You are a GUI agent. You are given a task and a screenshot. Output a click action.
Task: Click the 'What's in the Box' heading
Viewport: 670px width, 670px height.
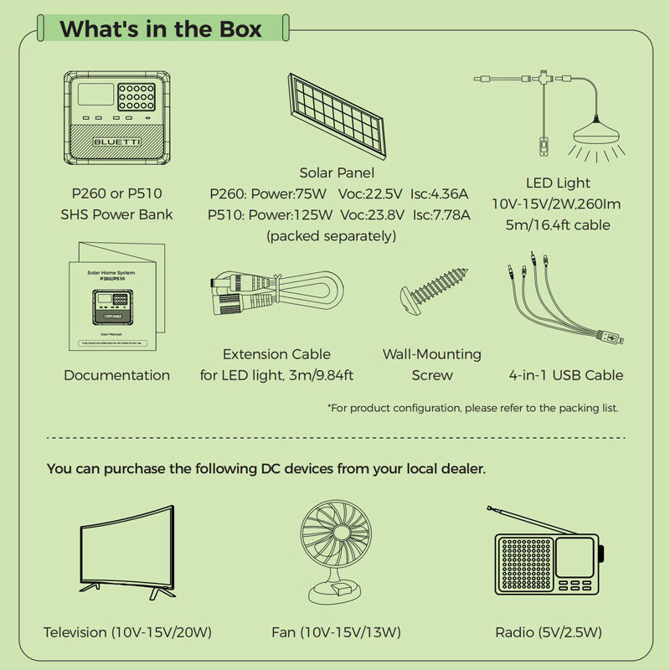click(x=161, y=29)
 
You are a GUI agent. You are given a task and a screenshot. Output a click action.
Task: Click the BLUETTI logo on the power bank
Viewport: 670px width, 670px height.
click(x=117, y=143)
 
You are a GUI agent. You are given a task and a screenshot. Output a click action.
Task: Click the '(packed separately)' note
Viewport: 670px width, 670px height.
click(x=331, y=236)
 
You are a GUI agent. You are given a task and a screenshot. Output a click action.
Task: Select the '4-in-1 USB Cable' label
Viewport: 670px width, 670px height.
click(x=566, y=375)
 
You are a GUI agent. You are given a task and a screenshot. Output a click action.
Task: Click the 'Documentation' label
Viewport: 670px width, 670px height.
click(x=117, y=375)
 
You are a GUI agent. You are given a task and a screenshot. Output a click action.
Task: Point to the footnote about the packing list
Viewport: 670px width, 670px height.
click(x=472, y=408)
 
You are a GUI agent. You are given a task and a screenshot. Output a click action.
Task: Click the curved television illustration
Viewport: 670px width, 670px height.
click(x=126, y=553)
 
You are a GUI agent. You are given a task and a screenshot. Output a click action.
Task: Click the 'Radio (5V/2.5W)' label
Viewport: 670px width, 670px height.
click(x=549, y=631)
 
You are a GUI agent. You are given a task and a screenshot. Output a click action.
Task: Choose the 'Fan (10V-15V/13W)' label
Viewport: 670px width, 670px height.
click(x=336, y=631)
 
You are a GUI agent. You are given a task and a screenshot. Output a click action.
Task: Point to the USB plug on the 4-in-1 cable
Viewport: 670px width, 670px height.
click(x=611, y=339)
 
